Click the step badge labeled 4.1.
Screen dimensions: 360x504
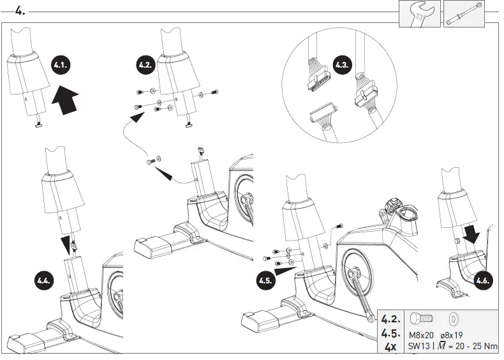tap(62, 66)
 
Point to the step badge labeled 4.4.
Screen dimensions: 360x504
tap(44, 279)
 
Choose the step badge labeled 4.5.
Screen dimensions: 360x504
tap(266, 279)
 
